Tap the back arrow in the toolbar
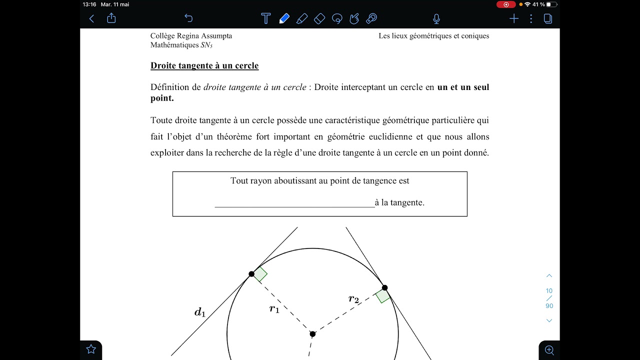coord(91,18)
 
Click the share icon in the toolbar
coord(111,18)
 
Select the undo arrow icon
coord(188,18)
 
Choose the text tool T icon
coord(265,19)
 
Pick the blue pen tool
coord(284,19)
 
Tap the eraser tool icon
coord(319,19)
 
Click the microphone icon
coord(436,19)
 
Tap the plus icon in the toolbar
coord(514,19)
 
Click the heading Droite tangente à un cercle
coord(204,65)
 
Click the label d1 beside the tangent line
coord(200,313)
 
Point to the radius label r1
coord(274,309)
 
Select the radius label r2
coord(353,299)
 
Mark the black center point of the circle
coord(312,334)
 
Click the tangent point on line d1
coord(251,274)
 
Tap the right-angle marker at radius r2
coord(382,296)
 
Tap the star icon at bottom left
coord(91,349)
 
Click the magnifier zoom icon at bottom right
coord(549,350)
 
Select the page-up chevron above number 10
coord(549,276)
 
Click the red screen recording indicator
coord(506,4)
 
